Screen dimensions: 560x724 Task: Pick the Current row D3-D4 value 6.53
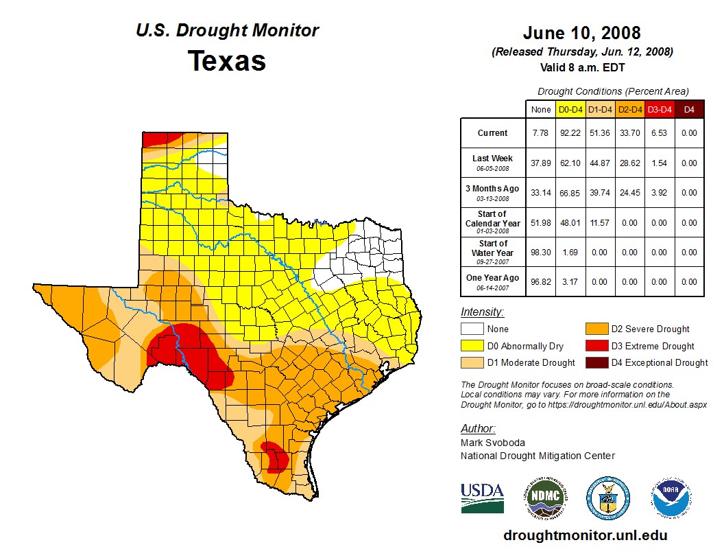click(660, 133)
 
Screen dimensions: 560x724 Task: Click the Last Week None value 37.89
click(541, 163)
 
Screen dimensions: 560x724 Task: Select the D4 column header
click(689, 109)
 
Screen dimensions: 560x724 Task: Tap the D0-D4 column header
click(571, 109)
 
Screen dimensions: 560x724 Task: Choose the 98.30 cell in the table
click(541, 252)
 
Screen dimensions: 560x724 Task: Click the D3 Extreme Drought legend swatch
click(596, 346)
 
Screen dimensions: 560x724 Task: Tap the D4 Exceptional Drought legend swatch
click(596, 362)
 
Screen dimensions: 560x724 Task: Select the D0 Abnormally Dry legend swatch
click(473, 346)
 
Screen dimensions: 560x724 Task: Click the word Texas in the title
click(227, 61)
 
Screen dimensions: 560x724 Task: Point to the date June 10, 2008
click(581, 33)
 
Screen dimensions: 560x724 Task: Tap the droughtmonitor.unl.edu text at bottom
click(585, 535)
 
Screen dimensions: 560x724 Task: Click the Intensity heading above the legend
click(483, 312)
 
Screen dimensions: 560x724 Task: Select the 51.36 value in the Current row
click(601, 133)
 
